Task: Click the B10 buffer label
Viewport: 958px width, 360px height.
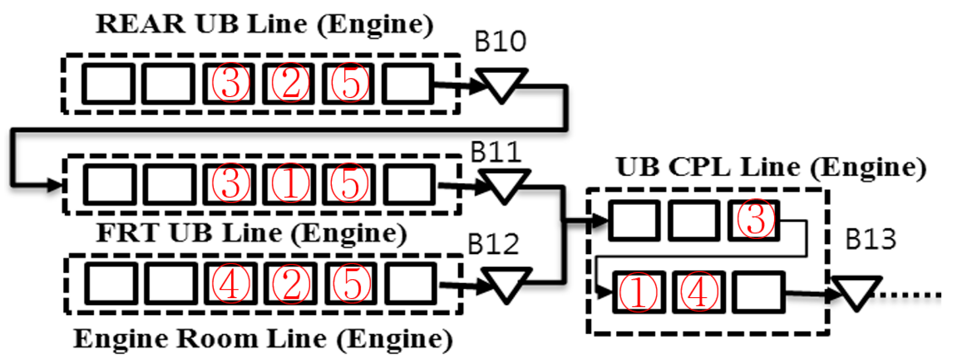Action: (500, 42)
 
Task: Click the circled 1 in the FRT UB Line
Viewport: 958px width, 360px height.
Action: (290, 184)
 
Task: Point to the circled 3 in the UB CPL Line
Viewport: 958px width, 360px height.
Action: (755, 220)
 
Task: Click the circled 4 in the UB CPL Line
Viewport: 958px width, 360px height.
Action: (699, 292)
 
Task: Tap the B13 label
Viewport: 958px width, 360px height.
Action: (870, 240)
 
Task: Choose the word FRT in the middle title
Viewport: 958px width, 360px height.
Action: (127, 233)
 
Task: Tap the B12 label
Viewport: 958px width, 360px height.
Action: (493, 245)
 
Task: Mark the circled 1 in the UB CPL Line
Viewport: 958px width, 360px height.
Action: (638, 292)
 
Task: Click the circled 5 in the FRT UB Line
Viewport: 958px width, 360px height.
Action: (350, 184)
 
